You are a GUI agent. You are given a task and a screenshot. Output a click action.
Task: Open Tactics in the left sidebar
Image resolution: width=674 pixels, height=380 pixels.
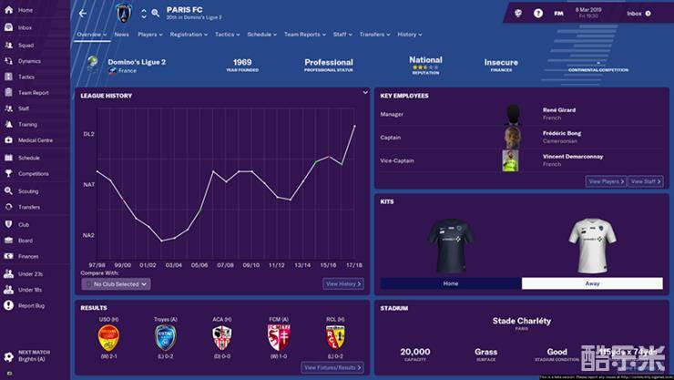(x=26, y=77)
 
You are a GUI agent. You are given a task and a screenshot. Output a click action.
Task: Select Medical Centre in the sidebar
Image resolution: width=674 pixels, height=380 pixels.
(x=35, y=140)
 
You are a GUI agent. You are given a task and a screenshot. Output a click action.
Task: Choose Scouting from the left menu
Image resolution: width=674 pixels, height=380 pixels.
(x=28, y=191)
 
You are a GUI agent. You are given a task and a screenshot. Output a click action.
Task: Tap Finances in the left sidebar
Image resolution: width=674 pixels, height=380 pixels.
(x=28, y=257)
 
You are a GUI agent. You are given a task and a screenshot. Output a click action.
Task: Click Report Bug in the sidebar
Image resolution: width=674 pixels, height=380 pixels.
(x=31, y=305)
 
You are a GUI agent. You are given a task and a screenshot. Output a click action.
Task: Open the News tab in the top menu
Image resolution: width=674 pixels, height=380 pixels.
(x=121, y=35)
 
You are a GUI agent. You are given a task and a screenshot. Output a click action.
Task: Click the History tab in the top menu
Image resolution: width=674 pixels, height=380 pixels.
(x=407, y=35)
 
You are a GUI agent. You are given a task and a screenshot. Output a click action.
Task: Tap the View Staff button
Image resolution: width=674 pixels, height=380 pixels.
(x=646, y=181)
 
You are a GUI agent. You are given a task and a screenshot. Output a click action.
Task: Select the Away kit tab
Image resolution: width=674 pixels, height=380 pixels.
(x=592, y=283)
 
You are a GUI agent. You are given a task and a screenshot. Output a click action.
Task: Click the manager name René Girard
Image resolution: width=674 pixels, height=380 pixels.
(x=559, y=110)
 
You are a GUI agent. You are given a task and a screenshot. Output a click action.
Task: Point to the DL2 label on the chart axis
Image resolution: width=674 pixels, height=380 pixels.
(x=89, y=134)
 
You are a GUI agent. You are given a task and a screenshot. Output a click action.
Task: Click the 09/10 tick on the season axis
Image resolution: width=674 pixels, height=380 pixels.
(x=250, y=265)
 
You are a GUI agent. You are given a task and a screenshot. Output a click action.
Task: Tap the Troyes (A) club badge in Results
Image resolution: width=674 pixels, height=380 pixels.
(x=166, y=338)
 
